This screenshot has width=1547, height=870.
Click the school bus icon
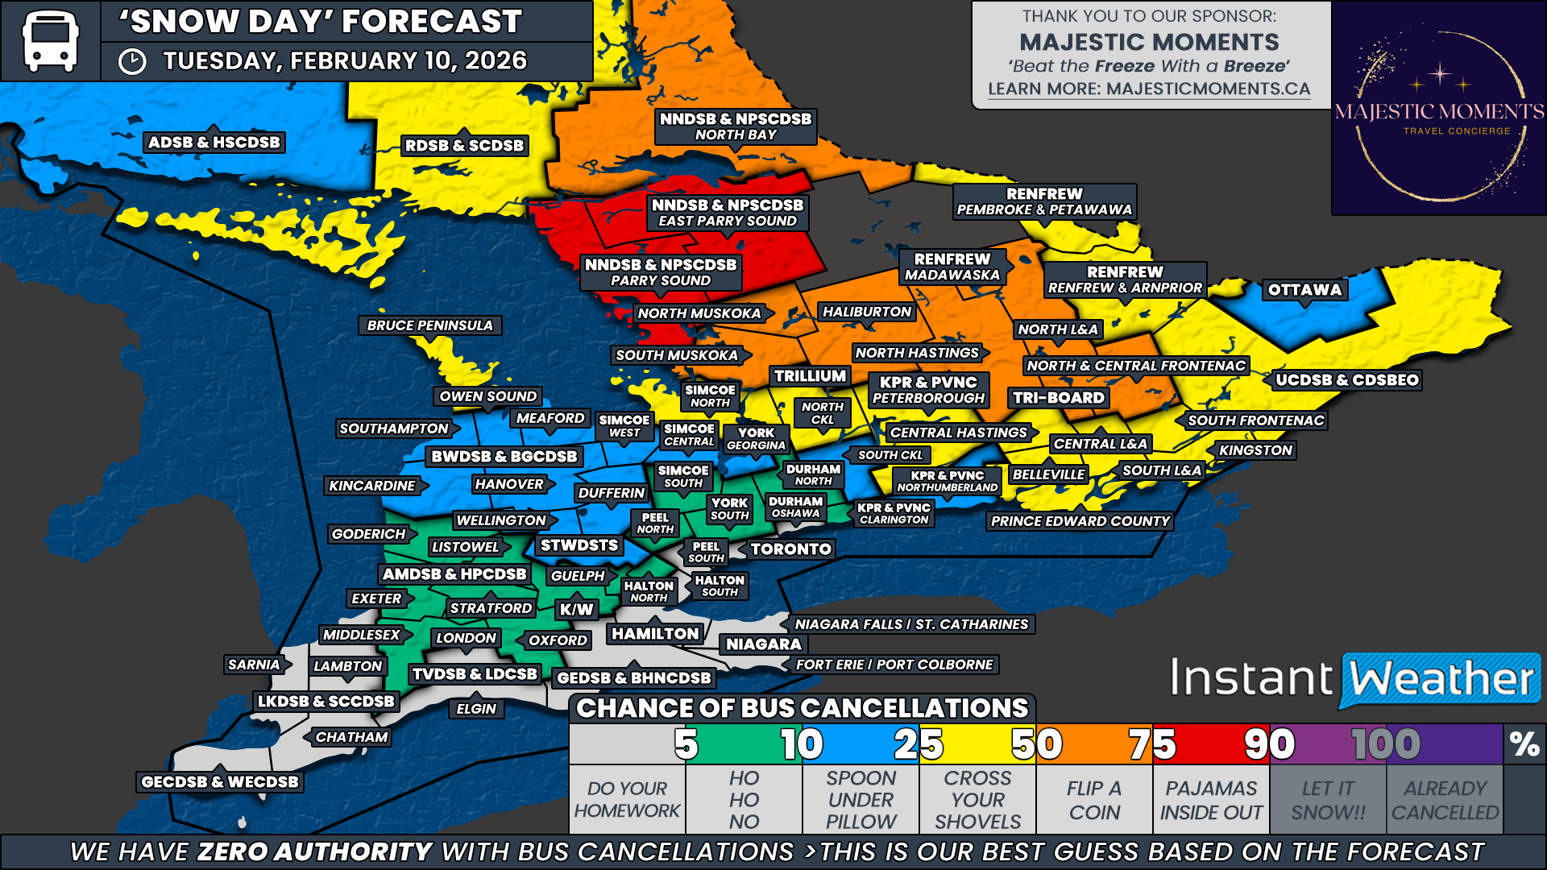click(x=50, y=40)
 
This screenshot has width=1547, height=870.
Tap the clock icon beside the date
click(x=132, y=62)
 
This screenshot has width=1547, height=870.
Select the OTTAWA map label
click(x=1304, y=290)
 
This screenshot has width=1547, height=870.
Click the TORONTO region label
click(x=790, y=549)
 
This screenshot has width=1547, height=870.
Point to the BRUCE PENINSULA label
click(x=429, y=325)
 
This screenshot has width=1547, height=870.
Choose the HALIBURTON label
click(x=866, y=312)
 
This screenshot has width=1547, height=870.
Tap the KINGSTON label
click(x=1255, y=450)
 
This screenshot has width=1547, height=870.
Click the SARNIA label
click(x=254, y=665)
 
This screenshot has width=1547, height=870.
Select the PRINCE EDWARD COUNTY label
click(x=1080, y=521)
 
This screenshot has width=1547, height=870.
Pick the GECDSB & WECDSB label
click(x=219, y=781)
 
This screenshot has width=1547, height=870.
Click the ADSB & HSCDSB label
click(x=214, y=143)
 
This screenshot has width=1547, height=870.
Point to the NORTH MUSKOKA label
click(x=699, y=313)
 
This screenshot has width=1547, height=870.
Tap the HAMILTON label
click(x=655, y=634)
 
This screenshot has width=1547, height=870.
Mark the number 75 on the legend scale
click(x=1152, y=744)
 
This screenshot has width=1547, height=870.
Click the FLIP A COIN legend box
click(x=1094, y=800)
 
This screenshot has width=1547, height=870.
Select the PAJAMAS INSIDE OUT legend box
click(x=1211, y=800)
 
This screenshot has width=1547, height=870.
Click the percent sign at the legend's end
click(x=1524, y=744)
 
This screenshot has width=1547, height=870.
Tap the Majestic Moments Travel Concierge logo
click(x=1438, y=109)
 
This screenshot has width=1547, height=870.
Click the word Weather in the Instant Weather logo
click(x=1441, y=679)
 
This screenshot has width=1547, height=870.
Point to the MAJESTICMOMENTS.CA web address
click(x=1208, y=89)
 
